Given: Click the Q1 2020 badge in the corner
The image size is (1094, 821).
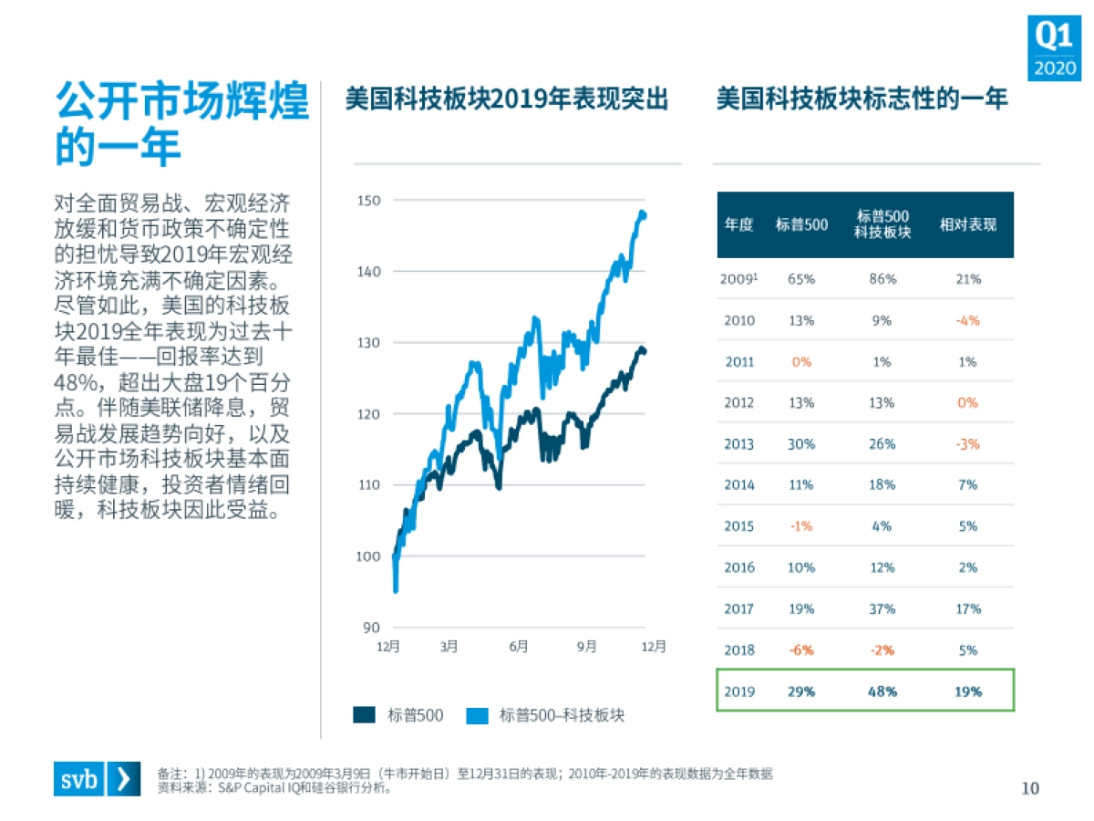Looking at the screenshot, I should (1054, 48).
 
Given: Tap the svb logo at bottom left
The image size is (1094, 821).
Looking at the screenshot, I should (97, 778).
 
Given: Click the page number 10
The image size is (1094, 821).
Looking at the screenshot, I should (1029, 788).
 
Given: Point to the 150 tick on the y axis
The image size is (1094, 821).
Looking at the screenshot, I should (368, 200).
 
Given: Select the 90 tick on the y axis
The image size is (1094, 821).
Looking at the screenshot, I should (371, 628).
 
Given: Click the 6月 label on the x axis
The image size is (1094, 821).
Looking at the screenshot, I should (518, 647).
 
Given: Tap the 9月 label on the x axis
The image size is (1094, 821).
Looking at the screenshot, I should (586, 647).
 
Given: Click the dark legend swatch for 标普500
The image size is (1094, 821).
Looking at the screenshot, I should (365, 716).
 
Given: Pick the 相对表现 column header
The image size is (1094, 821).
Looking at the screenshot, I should (967, 224).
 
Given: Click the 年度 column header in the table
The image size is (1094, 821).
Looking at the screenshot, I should (738, 224).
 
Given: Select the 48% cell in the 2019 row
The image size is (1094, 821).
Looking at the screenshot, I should (882, 691).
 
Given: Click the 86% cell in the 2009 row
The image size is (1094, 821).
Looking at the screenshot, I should (882, 279).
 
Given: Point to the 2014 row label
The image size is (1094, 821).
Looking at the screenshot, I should (738, 485).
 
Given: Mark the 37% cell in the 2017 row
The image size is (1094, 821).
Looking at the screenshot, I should (882, 608).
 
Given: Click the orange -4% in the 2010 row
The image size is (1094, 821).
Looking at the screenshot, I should (967, 320).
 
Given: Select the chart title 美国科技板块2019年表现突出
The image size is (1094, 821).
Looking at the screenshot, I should (506, 99).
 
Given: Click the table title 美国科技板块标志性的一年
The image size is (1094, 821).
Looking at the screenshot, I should (862, 99).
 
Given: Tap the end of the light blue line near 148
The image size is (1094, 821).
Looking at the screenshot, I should (644, 215).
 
